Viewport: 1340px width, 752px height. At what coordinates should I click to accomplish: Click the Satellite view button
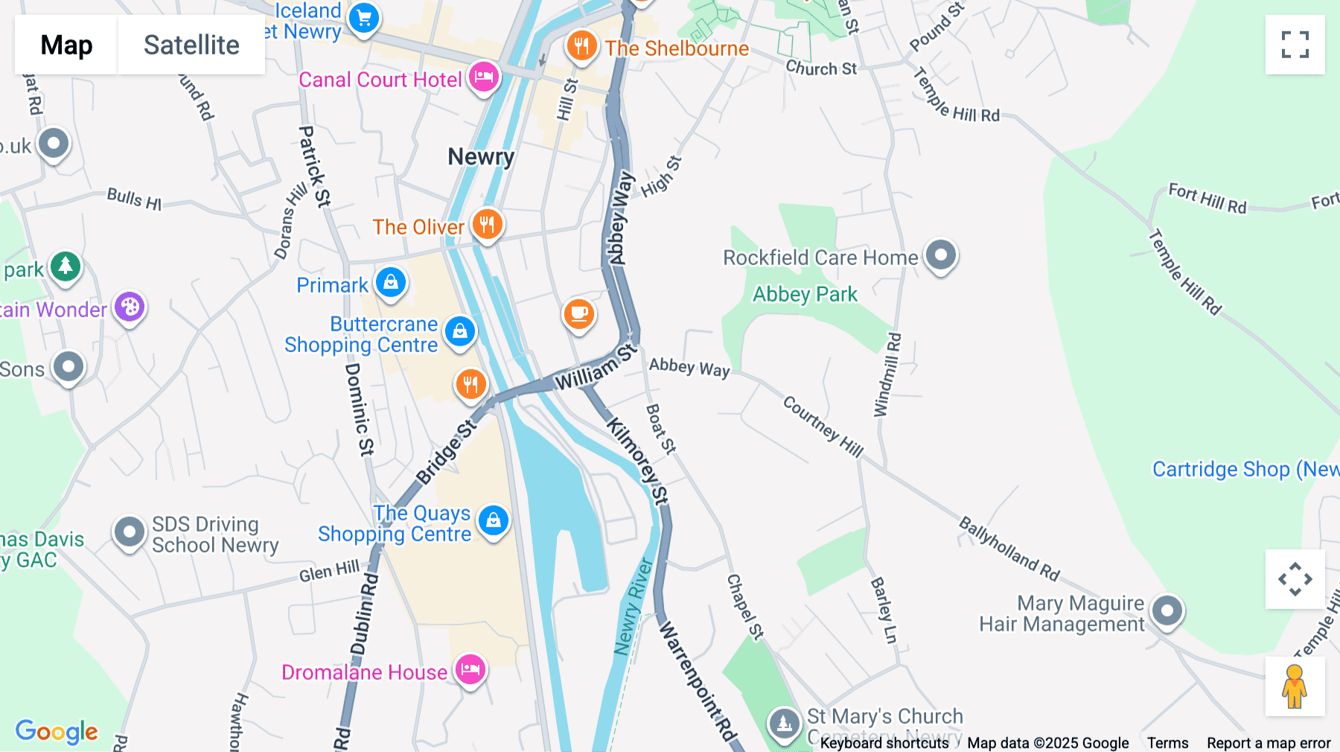pos(191,45)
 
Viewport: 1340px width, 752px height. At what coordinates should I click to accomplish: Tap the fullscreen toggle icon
pos(1295,45)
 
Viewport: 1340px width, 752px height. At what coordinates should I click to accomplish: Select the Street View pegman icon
pos(1295,686)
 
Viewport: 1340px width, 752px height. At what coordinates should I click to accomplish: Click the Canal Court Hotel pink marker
pos(484,77)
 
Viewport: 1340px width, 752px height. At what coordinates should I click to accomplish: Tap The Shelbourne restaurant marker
pos(581,46)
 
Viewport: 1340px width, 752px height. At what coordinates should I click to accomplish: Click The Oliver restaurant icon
pos(488,223)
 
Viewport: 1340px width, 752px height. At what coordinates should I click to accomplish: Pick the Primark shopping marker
pos(391,283)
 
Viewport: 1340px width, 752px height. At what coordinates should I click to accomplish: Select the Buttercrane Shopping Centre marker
pos(460,331)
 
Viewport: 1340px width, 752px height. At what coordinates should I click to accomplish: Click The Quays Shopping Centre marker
pos(494,520)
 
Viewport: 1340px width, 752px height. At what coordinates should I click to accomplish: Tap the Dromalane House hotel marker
pos(470,669)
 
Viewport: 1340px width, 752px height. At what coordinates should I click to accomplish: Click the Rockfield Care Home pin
pos(941,255)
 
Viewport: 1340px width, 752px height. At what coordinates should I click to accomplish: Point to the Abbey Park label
pos(805,295)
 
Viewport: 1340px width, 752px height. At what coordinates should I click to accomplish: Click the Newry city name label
pos(481,157)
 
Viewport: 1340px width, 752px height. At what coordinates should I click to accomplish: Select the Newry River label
pos(633,607)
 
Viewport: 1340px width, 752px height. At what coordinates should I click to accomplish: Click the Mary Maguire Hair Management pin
pos(1167,611)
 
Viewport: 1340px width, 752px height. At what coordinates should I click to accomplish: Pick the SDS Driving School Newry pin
pos(130,532)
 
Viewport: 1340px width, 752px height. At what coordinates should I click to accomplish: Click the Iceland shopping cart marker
pos(364,18)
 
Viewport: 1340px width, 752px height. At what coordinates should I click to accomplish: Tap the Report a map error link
pos(1269,743)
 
